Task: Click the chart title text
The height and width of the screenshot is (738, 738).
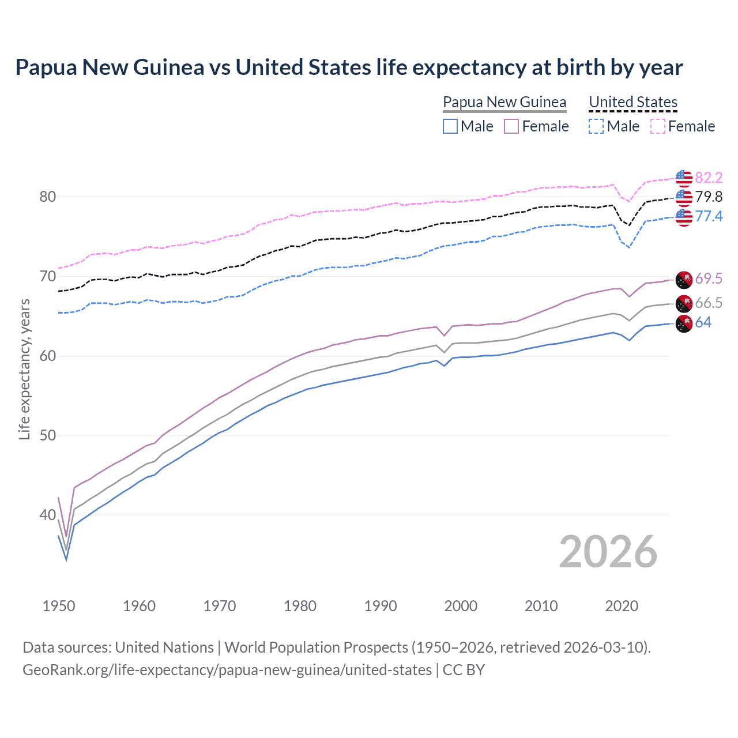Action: (349, 67)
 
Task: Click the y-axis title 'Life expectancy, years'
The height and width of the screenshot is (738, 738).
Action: (24, 369)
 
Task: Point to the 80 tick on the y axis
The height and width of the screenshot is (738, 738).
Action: (48, 197)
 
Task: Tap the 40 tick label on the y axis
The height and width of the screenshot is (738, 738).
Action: (48, 515)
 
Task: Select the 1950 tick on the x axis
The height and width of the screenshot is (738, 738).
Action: (59, 606)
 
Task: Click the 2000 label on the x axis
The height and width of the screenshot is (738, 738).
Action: (461, 606)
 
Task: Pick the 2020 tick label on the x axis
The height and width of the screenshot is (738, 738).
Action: (622, 606)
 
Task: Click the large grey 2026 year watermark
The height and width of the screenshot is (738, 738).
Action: (608, 552)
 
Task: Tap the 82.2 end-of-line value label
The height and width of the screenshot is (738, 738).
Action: (709, 178)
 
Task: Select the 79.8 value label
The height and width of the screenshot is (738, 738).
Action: (709, 197)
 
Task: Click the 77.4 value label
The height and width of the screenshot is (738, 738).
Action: (709, 216)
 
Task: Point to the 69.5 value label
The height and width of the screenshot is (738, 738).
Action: (709, 279)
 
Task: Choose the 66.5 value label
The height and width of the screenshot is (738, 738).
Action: (709, 303)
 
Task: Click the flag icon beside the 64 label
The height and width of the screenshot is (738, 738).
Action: (684, 323)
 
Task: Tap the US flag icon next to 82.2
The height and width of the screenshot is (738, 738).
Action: (684, 178)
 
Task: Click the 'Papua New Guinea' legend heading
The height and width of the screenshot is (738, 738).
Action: (504, 102)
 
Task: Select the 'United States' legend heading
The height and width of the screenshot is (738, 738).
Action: (633, 102)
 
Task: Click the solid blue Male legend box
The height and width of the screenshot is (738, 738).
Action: (450, 126)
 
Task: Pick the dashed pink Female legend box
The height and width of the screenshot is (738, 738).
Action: (658, 126)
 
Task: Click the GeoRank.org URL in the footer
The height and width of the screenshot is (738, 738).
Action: (227, 670)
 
